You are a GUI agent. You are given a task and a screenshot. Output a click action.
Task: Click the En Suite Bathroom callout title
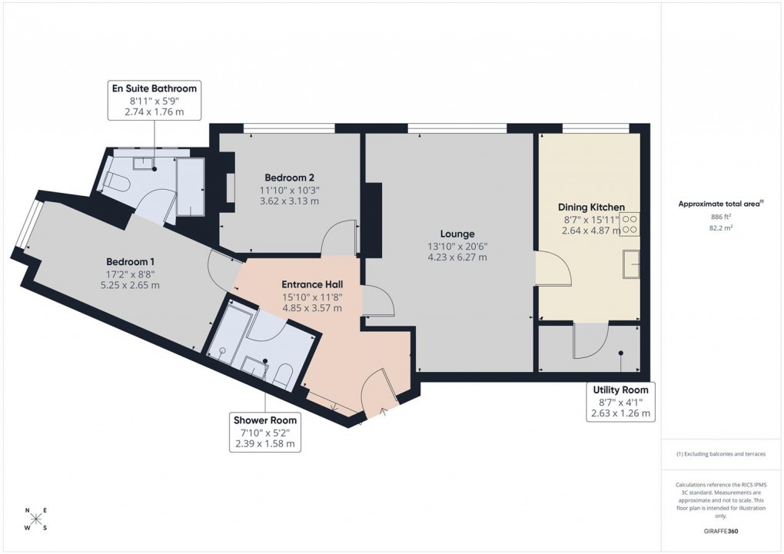pyautogui.click(x=154, y=88)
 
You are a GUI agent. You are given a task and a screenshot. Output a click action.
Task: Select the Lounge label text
pyautogui.click(x=457, y=234)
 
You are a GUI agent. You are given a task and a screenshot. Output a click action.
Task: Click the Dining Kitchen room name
pyautogui.click(x=590, y=207)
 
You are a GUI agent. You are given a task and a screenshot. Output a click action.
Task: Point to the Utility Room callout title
pyautogui.click(x=620, y=390)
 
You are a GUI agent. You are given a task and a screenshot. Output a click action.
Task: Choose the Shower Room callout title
pyautogui.click(x=266, y=420)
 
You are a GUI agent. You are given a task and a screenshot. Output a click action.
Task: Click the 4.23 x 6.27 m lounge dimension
pyautogui.click(x=457, y=257)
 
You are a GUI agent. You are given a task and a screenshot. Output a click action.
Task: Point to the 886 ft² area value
pyautogui.click(x=720, y=217)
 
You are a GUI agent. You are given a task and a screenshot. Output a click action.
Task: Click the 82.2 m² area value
pyautogui.click(x=720, y=228)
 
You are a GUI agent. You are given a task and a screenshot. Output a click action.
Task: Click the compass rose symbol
pyautogui.click(x=36, y=519)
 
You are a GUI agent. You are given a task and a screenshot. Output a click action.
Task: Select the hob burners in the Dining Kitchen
pyautogui.click(x=630, y=224)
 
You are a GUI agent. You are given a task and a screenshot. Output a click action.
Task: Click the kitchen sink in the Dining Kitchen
pyautogui.click(x=632, y=263)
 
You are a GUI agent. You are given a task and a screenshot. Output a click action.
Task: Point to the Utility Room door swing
pyautogui.click(x=590, y=340)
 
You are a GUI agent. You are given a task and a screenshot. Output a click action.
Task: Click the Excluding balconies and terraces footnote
pyautogui.click(x=720, y=454)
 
